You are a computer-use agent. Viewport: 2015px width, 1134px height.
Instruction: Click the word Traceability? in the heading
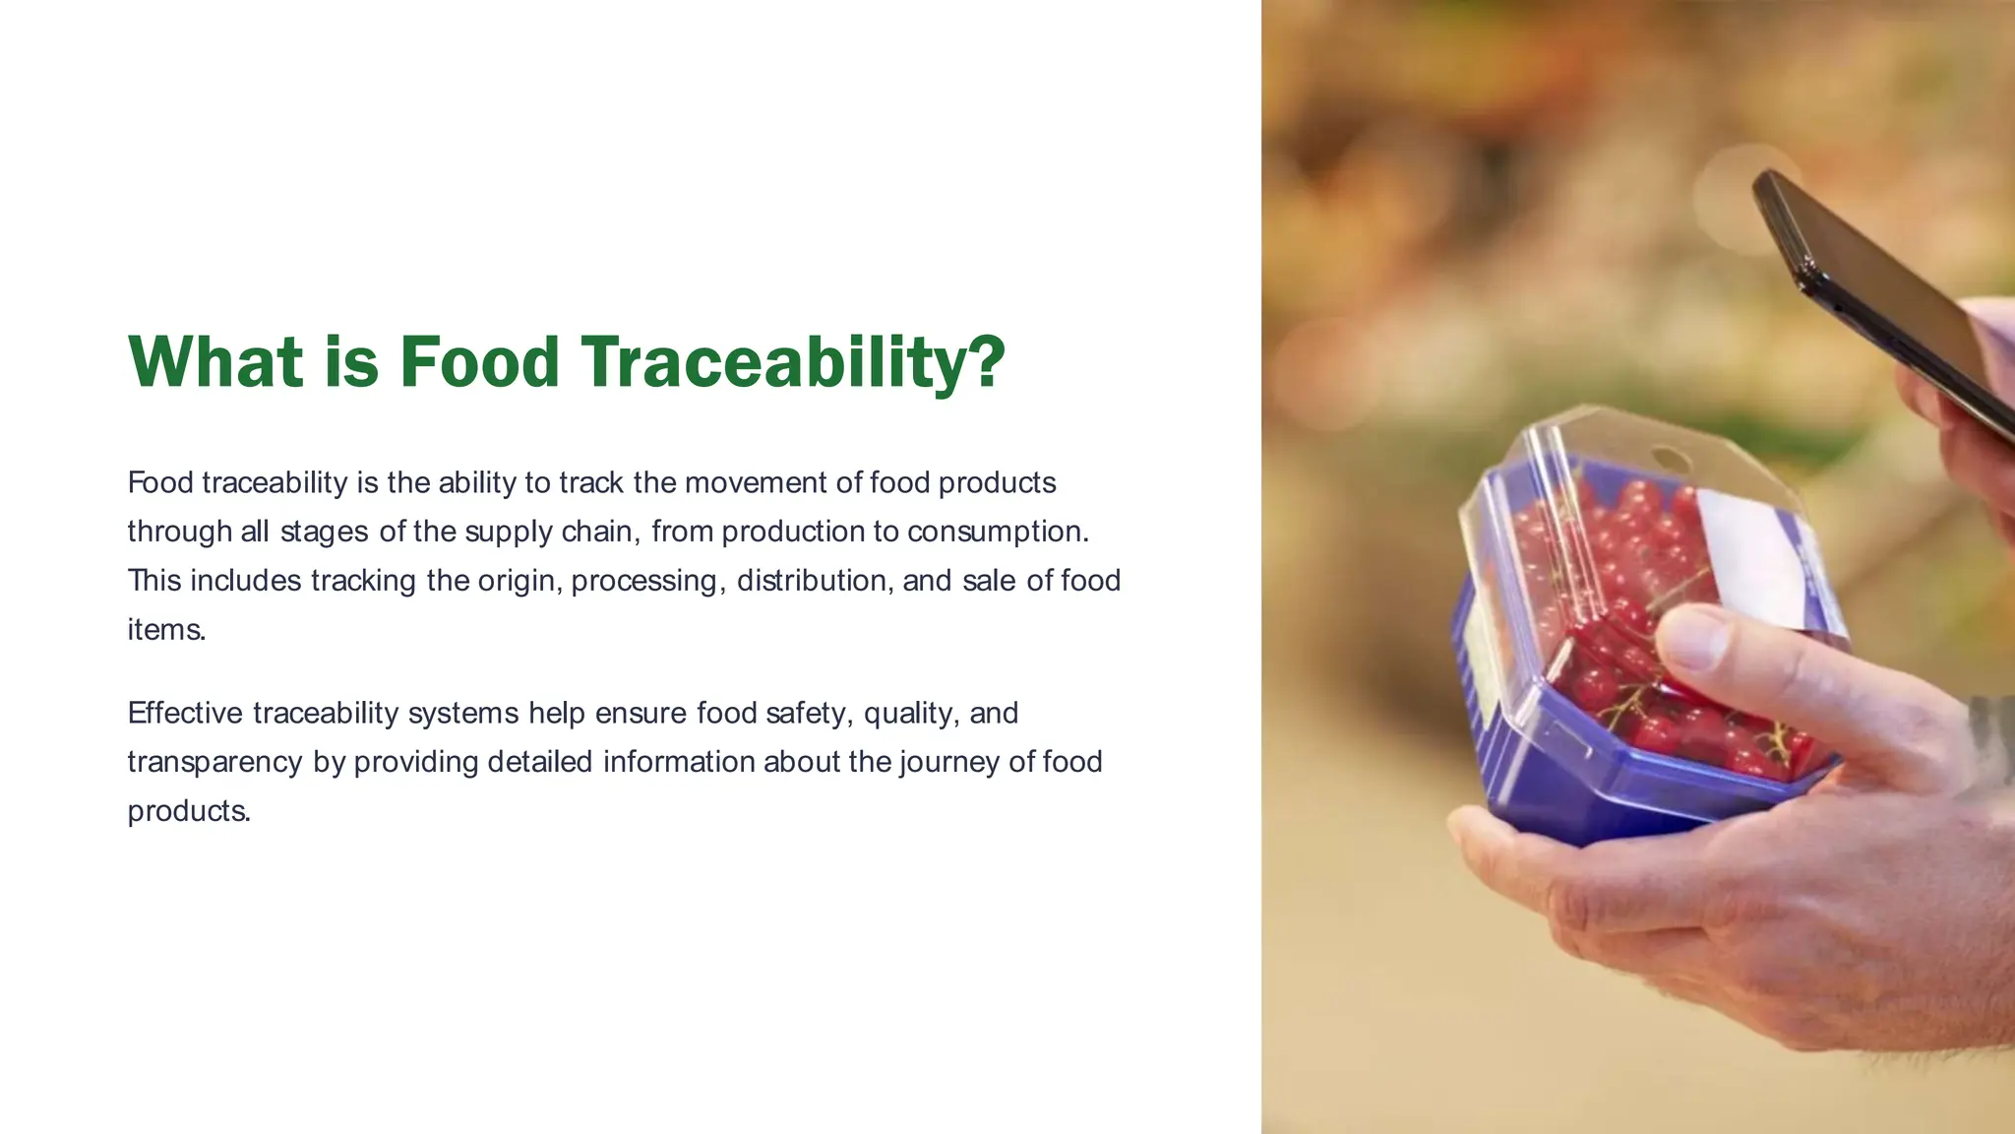coord(793,362)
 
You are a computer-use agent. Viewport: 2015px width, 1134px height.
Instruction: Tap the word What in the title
coord(215,362)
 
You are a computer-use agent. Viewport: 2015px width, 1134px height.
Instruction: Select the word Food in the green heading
coord(479,362)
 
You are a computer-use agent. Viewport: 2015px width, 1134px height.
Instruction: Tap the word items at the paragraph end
coord(165,630)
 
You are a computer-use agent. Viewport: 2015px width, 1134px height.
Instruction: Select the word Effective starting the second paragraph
coord(185,713)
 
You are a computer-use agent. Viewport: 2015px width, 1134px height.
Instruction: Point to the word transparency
coord(214,762)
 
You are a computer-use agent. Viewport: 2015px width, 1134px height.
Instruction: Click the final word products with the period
coord(189,811)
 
